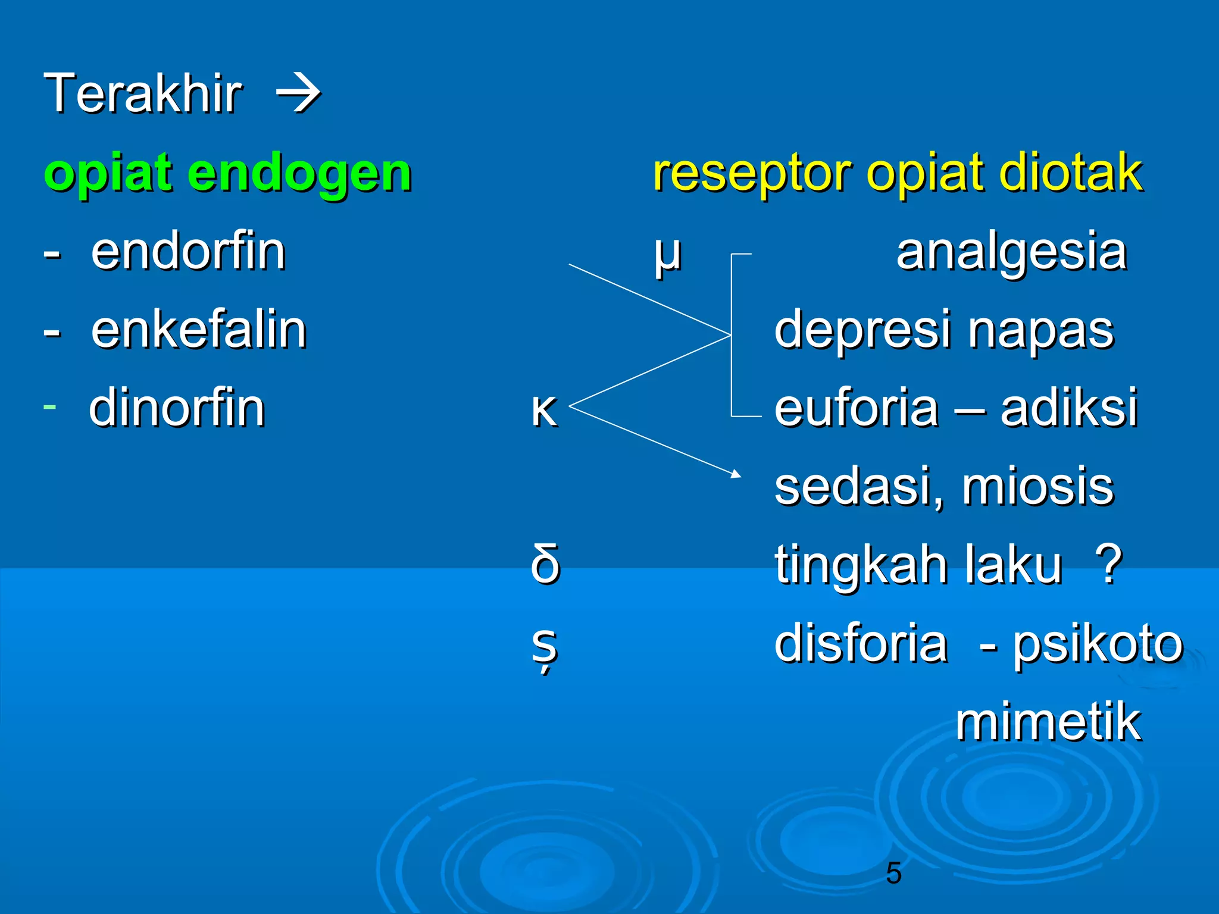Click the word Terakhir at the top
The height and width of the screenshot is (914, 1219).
[143, 93]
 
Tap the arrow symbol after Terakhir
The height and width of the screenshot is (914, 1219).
[299, 93]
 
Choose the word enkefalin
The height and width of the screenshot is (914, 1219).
[199, 330]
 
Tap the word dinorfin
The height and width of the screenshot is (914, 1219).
[177, 409]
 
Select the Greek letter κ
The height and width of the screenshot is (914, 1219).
[544, 411]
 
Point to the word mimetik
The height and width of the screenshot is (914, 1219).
[1048, 722]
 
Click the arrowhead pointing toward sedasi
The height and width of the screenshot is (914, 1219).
[736, 474]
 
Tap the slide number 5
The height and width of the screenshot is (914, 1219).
[893, 873]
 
